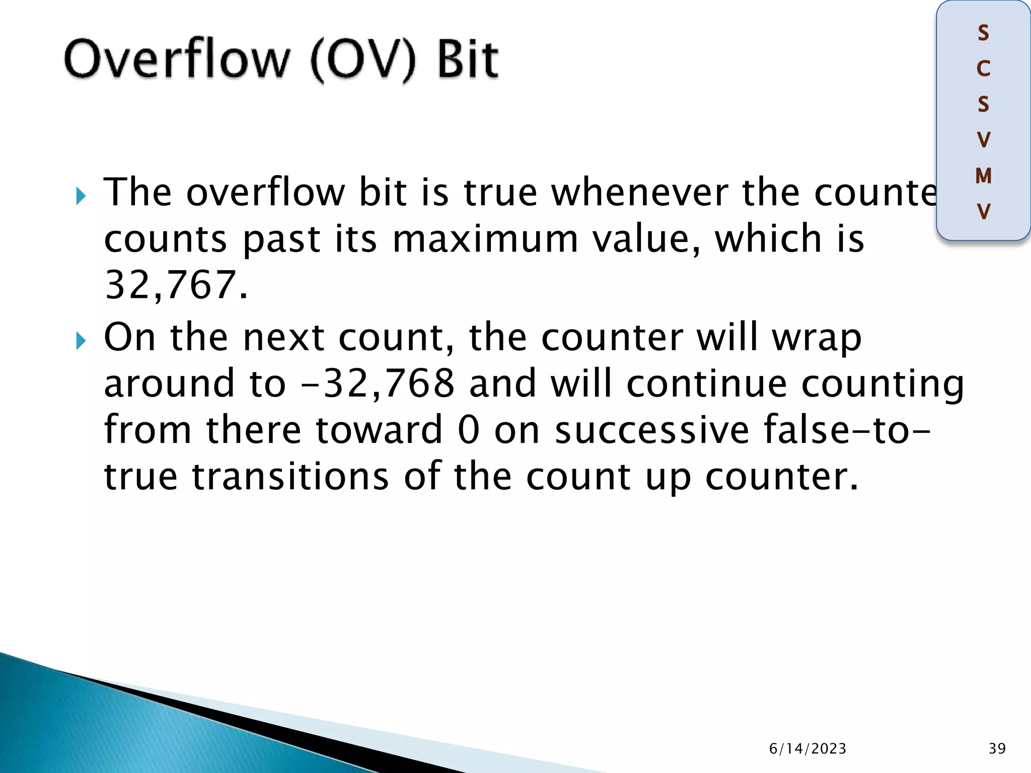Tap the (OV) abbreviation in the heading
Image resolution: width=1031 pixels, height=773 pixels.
click(363, 60)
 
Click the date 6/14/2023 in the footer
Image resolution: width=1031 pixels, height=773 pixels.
click(807, 749)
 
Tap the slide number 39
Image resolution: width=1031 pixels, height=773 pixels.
click(997, 749)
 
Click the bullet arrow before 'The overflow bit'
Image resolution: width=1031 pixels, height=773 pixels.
click(81, 196)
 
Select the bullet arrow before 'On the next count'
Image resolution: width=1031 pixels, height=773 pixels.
click(81, 341)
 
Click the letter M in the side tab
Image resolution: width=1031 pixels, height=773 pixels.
click(983, 176)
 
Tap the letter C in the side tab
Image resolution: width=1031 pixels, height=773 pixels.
click(983, 68)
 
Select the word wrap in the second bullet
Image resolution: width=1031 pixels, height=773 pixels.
click(817, 338)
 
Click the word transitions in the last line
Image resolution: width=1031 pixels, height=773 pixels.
click(290, 477)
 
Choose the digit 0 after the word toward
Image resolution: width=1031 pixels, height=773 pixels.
click(469, 430)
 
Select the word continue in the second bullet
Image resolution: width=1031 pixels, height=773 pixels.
click(706, 383)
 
